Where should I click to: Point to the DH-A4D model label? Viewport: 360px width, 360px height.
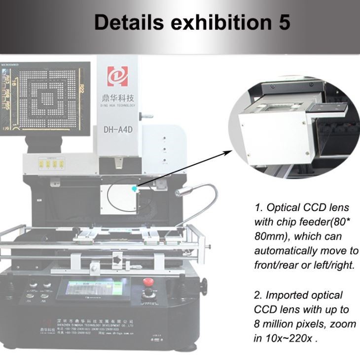(117, 130)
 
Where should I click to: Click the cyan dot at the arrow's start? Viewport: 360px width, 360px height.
(135, 188)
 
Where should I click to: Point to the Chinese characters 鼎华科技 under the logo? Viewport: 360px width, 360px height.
(117, 98)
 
